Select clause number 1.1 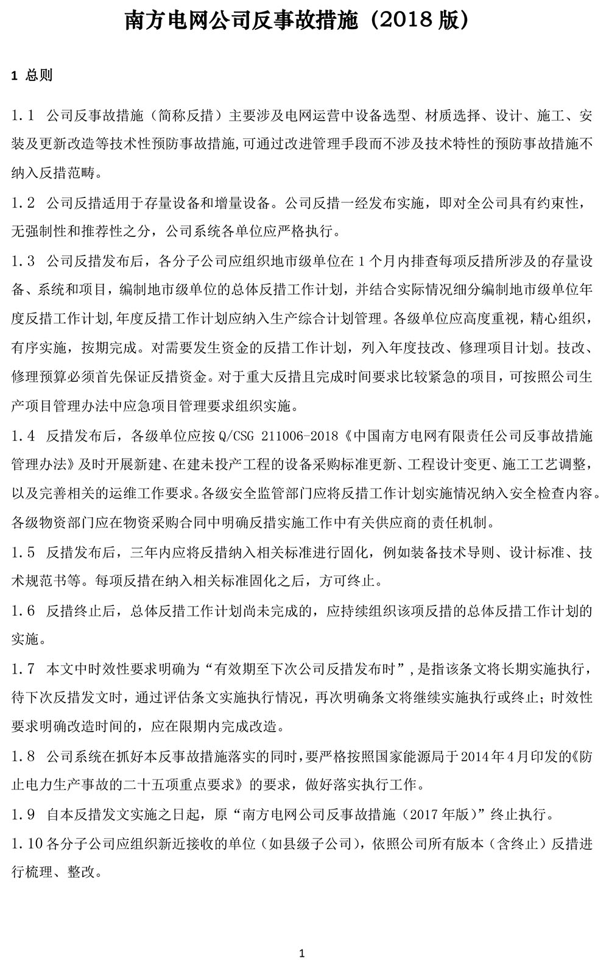pos(23,115)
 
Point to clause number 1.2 pos(23,203)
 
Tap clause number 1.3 pos(23,261)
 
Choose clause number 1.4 pos(23,436)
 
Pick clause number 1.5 pos(23,552)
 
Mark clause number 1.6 pos(23,610)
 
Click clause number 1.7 pos(23,669)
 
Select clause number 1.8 pos(23,756)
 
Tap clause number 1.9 pos(23,814)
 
